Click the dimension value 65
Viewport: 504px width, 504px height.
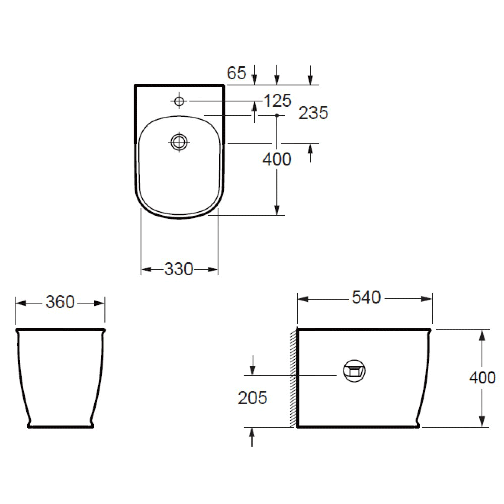[236, 73]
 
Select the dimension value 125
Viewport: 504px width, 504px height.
[277, 101]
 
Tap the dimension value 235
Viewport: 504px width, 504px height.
[313, 113]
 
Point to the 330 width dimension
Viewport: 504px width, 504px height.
[179, 269]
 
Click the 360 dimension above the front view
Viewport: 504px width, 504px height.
[60, 302]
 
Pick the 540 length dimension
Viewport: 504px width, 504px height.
[366, 298]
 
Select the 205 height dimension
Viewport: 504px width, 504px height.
[253, 398]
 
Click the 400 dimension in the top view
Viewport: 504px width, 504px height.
[277, 159]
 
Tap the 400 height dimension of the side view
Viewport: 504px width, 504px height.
[482, 377]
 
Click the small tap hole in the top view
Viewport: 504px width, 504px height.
[179, 101]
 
